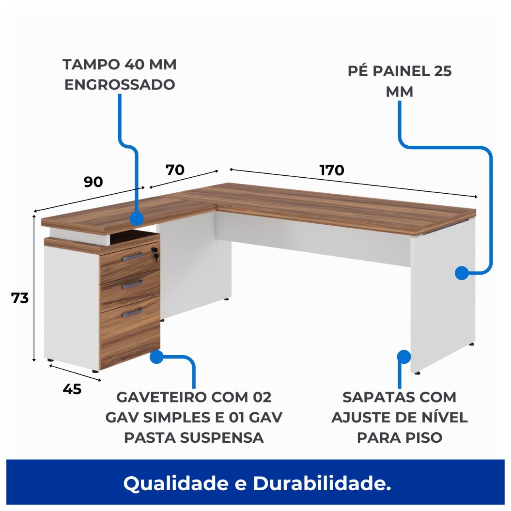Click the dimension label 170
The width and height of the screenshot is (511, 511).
click(331, 170)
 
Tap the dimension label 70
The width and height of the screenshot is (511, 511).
click(175, 170)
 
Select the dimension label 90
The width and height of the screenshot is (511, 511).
click(93, 182)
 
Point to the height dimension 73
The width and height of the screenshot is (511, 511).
click(20, 298)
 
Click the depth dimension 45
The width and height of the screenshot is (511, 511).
click(72, 388)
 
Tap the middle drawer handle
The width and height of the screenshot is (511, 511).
click(132, 284)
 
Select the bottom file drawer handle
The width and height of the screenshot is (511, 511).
click(132, 311)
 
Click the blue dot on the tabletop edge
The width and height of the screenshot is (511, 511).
click(137, 218)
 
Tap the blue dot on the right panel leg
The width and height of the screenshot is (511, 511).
click(461, 273)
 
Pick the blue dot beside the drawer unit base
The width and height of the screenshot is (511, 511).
click(156, 357)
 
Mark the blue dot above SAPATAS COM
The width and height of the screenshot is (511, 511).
click(404, 357)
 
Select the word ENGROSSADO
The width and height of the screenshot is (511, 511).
click(120, 85)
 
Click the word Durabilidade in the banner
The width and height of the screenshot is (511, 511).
click(322, 484)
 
